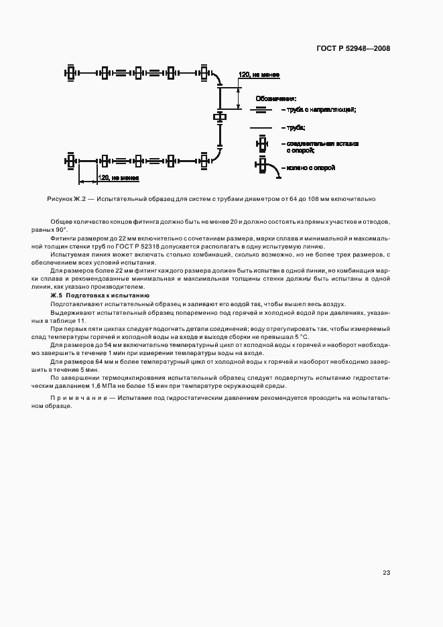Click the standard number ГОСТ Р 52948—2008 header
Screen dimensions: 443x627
354,48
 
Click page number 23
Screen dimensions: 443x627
386,572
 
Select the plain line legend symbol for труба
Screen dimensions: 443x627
261,127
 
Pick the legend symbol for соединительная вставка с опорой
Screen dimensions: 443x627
261,145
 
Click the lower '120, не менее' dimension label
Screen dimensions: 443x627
118,178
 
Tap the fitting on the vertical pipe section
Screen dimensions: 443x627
220,118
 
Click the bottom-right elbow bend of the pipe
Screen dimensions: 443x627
216,155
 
